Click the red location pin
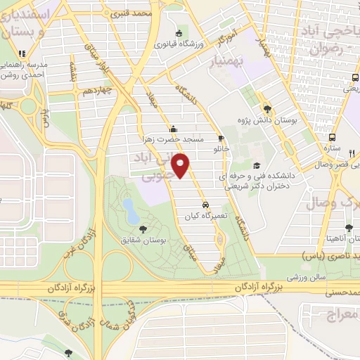[182, 167]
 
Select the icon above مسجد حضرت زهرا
[174, 128]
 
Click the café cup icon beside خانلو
[221, 138]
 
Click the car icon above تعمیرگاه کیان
[205, 205]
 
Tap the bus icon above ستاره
[333, 137]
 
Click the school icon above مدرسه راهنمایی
[22, 53]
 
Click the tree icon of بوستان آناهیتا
[349, 227]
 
